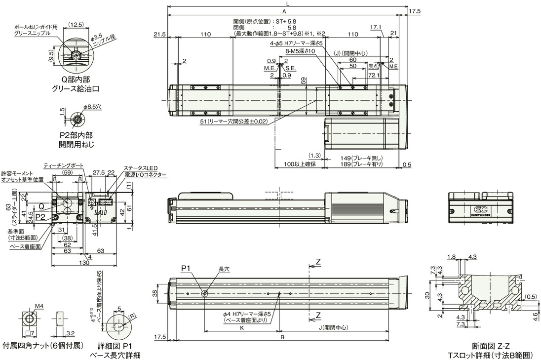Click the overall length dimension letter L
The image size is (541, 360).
tap(288, 3)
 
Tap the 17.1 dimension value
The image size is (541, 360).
tap(376, 27)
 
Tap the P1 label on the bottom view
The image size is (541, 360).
tap(186, 268)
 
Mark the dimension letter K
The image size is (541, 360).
tap(241, 327)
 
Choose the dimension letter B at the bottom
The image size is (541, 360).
tap(282, 338)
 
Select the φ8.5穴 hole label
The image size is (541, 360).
tap(92, 106)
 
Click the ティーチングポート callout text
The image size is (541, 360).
tap(64, 165)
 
